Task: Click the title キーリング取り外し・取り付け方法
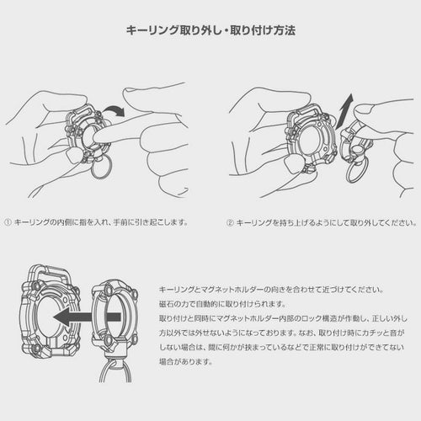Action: click(210, 30)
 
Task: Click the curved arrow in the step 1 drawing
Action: click(114, 109)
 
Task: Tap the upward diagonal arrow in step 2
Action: click(344, 110)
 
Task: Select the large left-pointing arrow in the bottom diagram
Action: click(87, 317)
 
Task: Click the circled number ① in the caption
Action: click(8, 222)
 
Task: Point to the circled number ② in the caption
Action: click(230, 223)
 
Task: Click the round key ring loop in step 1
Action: click(102, 168)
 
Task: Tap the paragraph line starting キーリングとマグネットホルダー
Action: click(271, 290)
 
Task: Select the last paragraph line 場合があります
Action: click(185, 361)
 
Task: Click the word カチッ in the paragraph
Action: click(368, 333)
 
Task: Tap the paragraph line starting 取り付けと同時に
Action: click(283, 318)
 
